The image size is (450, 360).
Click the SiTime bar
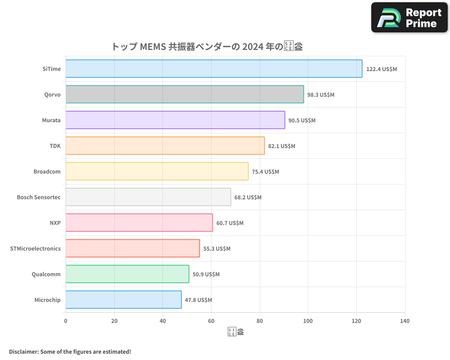click(x=214, y=69)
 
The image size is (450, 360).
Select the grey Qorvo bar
click(x=184, y=94)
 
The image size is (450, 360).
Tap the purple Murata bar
click(x=175, y=120)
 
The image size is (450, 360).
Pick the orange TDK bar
click(x=165, y=146)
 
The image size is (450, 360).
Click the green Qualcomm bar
click(x=127, y=274)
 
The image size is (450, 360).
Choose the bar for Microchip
click(x=123, y=300)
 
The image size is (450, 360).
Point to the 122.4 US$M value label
click(x=382, y=69)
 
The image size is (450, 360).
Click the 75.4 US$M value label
click(x=265, y=172)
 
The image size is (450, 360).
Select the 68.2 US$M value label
click(x=248, y=198)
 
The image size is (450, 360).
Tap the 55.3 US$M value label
click(x=217, y=249)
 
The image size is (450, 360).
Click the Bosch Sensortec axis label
click(x=39, y=198)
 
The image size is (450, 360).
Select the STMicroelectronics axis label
click(x=35, y=249)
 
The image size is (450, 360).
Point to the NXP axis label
click(x=55, y=223)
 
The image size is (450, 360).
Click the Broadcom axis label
click(x=47, y=172)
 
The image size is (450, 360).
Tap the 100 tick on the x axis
click(x=308, y=321)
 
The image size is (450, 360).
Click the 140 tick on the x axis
click(x=405, y=321)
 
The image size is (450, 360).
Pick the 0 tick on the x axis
click(x=66, y=321)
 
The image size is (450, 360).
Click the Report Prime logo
click(x=409, y=18)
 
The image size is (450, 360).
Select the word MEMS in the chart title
click(x=153, y=47)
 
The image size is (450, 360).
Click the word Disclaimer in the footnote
click(x=23, y=352)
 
